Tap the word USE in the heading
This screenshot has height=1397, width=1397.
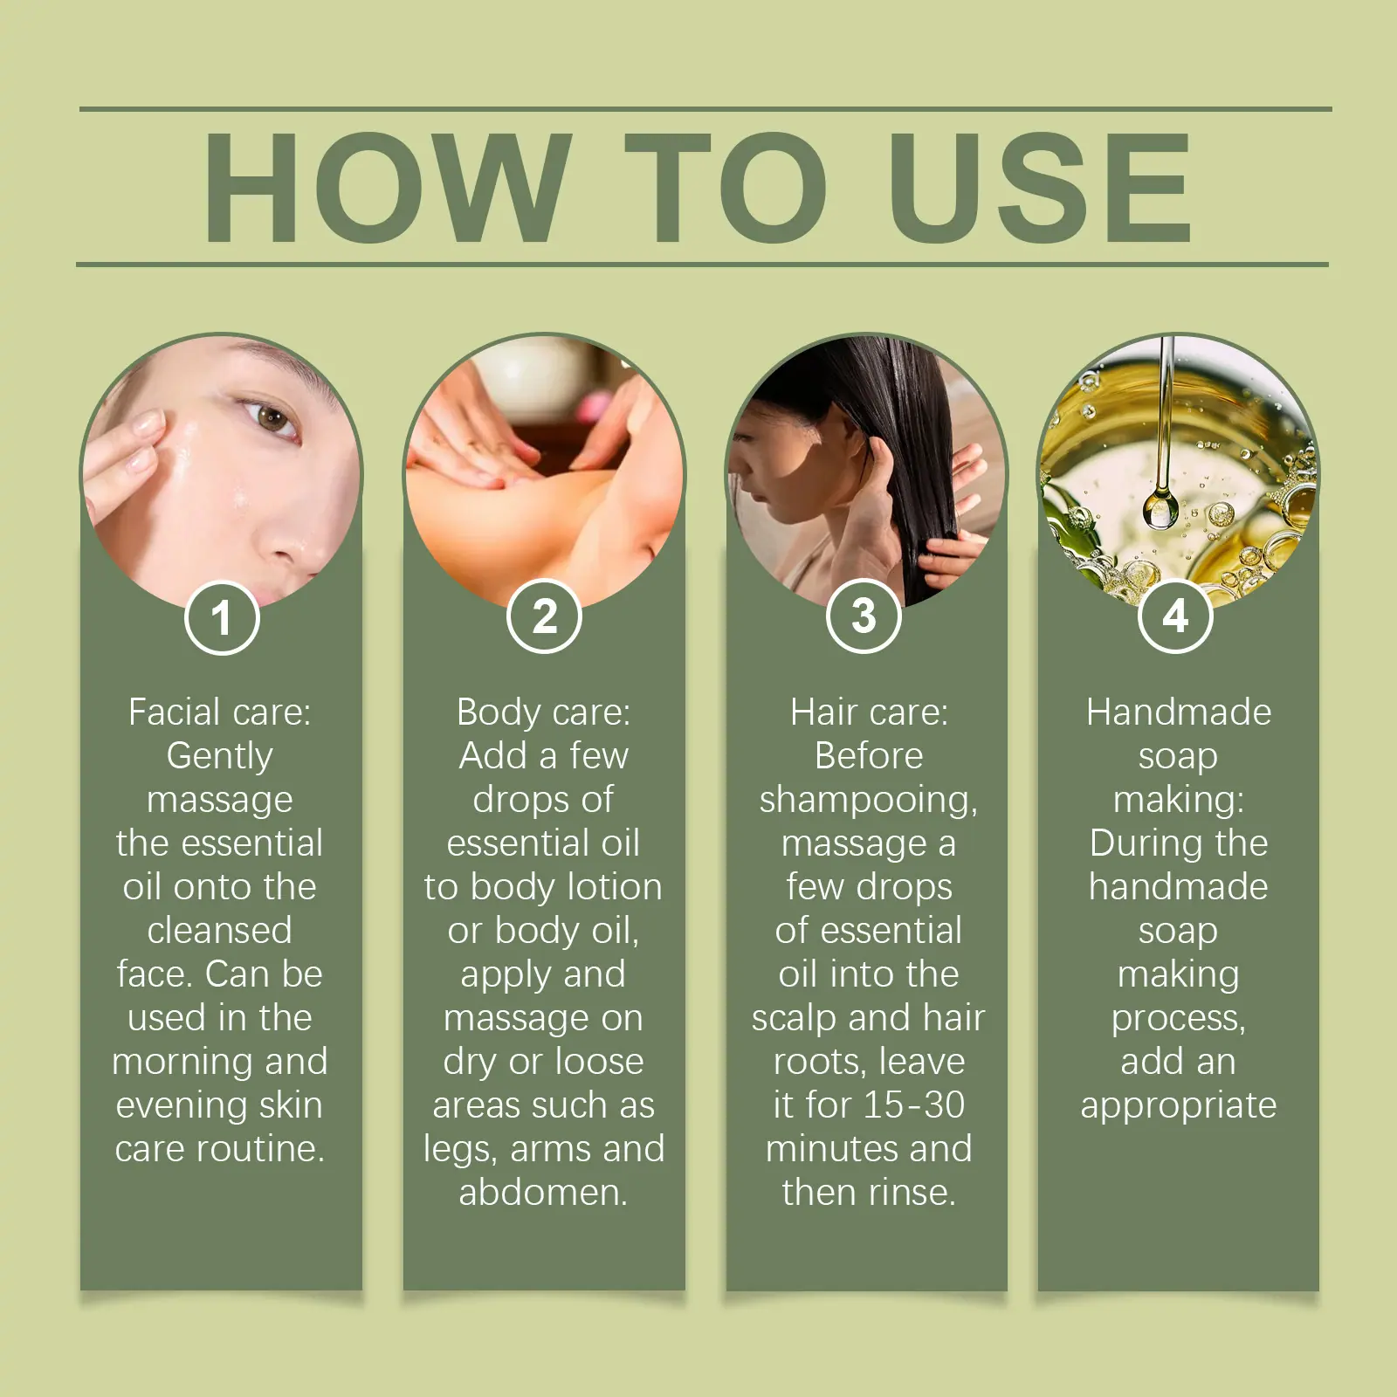tap(1039, 187)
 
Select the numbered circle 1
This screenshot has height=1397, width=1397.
tap(222, 617)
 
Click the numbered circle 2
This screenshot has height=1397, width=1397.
tap(544, 616)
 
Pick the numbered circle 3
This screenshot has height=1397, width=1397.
tap(864, 616)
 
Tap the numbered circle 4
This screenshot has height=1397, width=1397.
tap(1176, 616)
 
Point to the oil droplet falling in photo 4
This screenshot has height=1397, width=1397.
tap(1160, 508)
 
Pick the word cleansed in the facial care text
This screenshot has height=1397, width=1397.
tap(219, 931)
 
